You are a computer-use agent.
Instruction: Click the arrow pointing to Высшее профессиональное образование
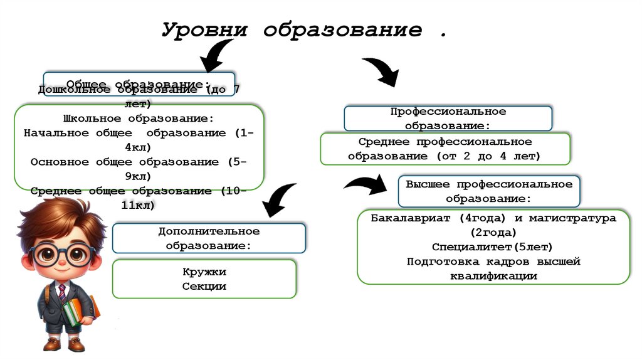pyautogui.click(x=366, y=186)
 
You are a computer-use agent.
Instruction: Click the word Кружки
pyautogui.click(x=204, y=273)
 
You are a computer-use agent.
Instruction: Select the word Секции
pyautogui.click(x=204, y=287)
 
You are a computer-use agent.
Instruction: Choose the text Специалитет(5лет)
pyautogui.click(x=492, y=247)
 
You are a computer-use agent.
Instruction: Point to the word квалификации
pyautogui.click(x=492, y=275)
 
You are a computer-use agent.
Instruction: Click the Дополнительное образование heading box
pyautogui.click(x=209, y=238)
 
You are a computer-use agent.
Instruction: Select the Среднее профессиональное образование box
pyautogui.click(x=445, y=149)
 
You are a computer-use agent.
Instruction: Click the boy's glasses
pyautogui.click(x=63, y=254)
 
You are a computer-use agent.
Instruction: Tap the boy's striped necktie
pyautogui.click(x=61, y=292)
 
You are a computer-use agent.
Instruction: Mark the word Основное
pyautogui.click(x=60, y=162)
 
